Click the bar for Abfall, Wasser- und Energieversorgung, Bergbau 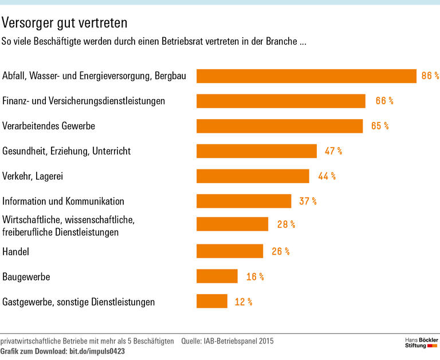pos(306,76)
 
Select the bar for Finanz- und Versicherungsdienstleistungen pos(281,101)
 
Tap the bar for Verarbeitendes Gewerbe pos(280,126)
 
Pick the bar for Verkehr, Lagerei pos(253,176)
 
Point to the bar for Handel pos(230,251)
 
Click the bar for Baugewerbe pos(217,276)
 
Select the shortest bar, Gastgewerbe pos(212,301)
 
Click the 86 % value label pos(430,76)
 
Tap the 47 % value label pos(333,151)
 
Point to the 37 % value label pos(307,201)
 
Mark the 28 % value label pos(286,224)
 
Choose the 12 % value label pos(243,302)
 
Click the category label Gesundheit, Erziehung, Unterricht pos(66,151)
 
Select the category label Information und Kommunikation pos(63,201)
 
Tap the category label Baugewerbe pos(26,276)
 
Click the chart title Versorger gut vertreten pos(64,23)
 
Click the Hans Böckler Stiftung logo pos(418,343)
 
